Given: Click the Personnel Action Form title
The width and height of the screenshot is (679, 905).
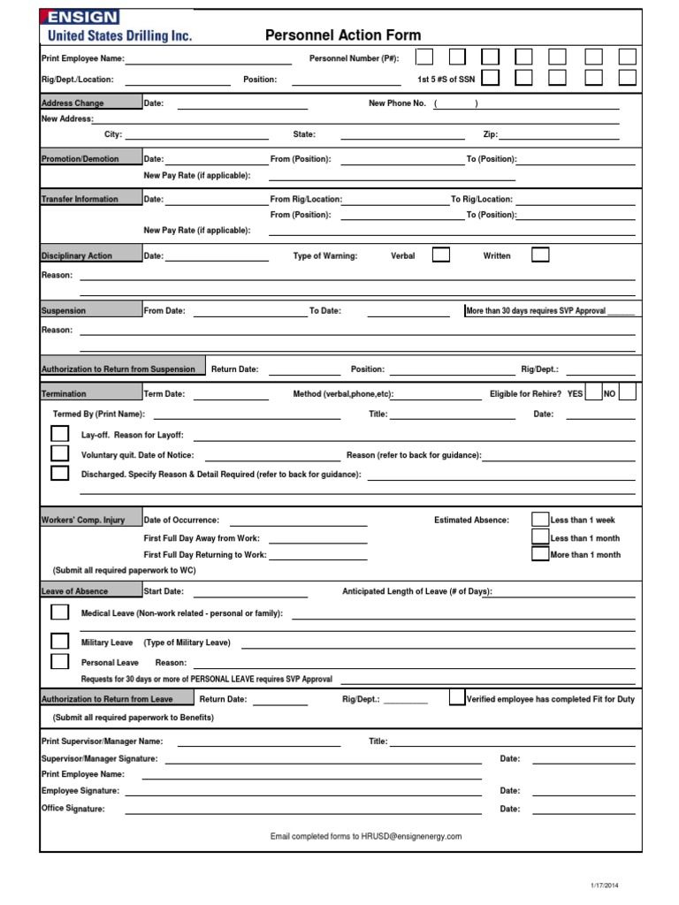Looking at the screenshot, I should point(343,35).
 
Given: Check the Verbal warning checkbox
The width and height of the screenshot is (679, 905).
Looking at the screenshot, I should point(440,255).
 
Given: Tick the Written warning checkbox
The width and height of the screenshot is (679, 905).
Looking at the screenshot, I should point(539,255).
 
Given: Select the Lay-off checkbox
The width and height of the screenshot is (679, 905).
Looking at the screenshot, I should point(59,435).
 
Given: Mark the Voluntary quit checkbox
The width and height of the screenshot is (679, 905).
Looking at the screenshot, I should point(59,454).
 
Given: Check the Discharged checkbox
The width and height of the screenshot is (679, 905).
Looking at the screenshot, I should point(59,474).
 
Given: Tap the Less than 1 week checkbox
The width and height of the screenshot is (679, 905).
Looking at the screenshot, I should point(539,520).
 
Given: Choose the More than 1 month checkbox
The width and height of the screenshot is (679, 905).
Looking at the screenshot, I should point(539,555).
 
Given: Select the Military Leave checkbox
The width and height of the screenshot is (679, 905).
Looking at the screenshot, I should point(59,642).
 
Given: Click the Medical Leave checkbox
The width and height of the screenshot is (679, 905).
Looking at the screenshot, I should point(59,612).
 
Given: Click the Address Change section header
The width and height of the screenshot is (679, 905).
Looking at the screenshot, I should point(72,103).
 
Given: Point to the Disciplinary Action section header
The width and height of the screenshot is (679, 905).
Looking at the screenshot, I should point(77,256).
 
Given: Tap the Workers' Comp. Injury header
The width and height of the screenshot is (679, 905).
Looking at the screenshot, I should point(83,521).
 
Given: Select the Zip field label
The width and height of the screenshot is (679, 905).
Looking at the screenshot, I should point(490,135).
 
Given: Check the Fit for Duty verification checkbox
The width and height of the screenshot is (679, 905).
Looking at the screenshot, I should point(456,698).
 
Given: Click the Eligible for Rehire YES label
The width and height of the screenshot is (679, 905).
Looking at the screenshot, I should point(575,393).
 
